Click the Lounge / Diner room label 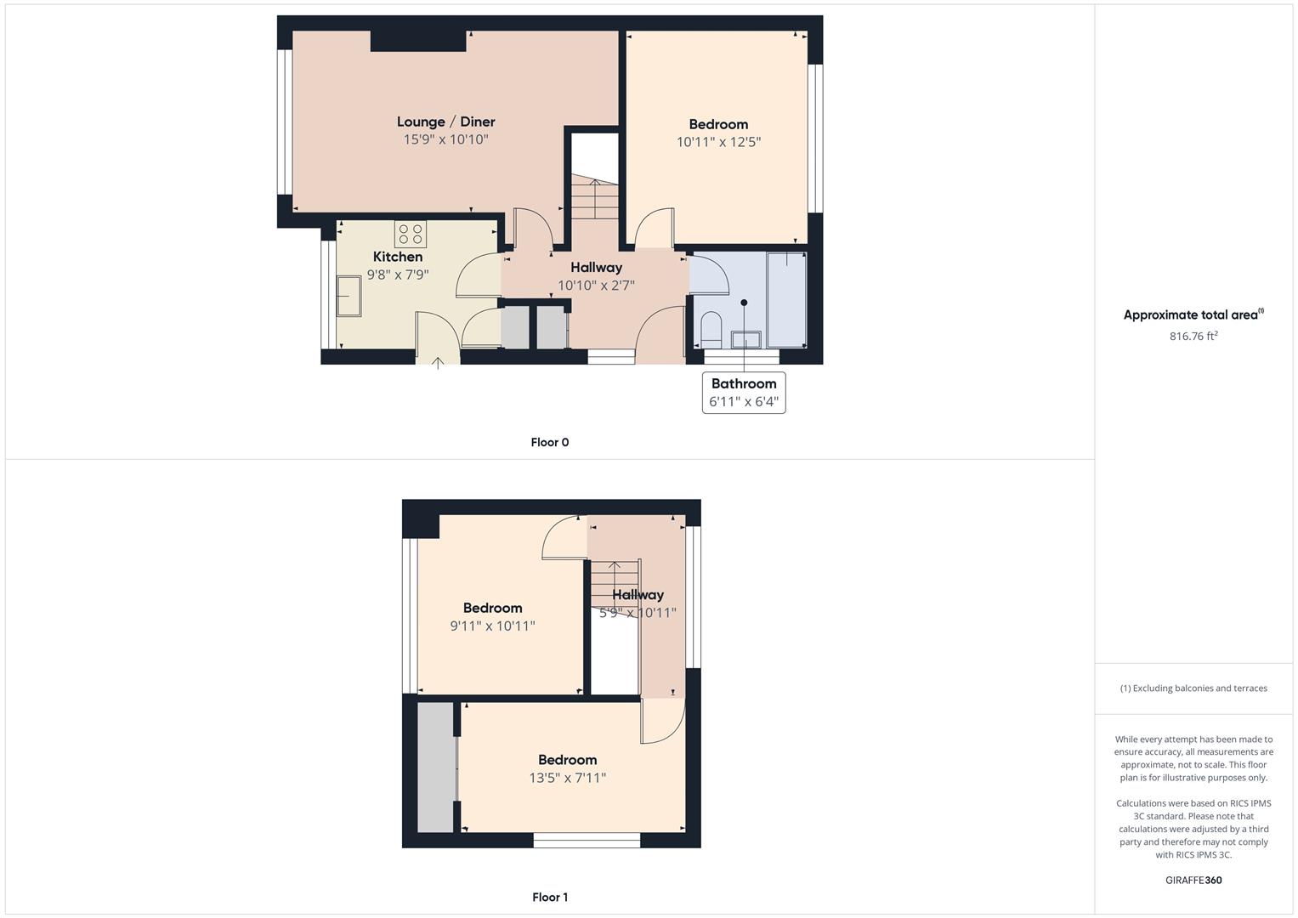(x=445, y=122)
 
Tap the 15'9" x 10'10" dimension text (x=445, y=139)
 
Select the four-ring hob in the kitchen (x=411, y=234)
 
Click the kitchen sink (x=349, y=296)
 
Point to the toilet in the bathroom (x=711, y=330)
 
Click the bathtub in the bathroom (x=786, y=299)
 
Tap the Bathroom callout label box (x=744, y=393)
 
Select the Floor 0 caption (x=550, y=442)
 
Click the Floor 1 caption (x=550, y=897)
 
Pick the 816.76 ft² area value (x=1193, y=336)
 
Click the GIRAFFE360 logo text (x=1193, y=881)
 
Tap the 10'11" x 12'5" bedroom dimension (x=718, y=142)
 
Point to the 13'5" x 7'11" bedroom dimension (x=567, y=778)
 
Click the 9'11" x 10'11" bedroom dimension (x=492, y=626)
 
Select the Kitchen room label (x=398, y=257)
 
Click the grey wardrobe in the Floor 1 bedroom (x=436, y=768)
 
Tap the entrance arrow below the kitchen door (x=438, y=363)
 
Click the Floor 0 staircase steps (x=595, y=199)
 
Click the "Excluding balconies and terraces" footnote (x=1193, y=688)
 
